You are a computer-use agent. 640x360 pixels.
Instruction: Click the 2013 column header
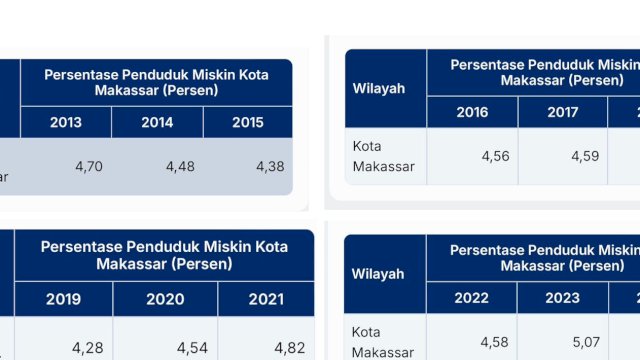[x=66, y=123]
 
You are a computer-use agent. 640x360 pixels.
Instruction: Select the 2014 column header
[x=157, y=123]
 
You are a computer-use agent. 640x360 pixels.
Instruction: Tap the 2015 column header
[x=247, y=123]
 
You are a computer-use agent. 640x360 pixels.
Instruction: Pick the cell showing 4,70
[x=87, y=167]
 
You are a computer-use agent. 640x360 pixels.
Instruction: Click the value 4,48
[x=179, y=167]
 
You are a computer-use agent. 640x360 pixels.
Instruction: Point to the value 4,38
[x=270, y=167]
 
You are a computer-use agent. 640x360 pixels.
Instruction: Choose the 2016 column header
[x=472, y=112]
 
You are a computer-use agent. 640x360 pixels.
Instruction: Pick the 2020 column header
[x=165, y=299]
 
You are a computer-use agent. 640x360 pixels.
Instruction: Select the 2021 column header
[x=265, y=299]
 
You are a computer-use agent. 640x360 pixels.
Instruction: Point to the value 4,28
[x=89, y=347]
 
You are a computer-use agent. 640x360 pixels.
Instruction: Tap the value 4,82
[x=291, y=347]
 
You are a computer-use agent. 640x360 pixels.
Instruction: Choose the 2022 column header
[x=471, y=297]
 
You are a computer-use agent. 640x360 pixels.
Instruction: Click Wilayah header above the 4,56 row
[x=379, y=89]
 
